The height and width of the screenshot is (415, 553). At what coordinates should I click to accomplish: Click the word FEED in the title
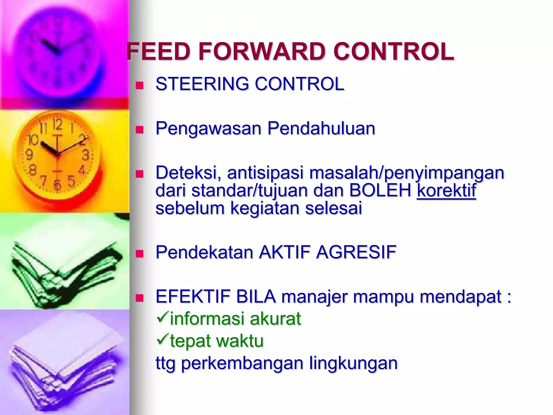[x=159, y=52]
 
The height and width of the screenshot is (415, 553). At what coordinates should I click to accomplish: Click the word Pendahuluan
[x=321, y=128]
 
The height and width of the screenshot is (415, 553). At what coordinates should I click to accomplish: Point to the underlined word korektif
[x=446, y=190]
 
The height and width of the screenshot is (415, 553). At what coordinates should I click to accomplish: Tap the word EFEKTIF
[x=193, y=297]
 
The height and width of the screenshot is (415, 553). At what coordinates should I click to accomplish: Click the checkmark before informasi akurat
[x=162, y=317]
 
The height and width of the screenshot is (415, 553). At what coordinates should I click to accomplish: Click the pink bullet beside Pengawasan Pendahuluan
[x=139, y=130]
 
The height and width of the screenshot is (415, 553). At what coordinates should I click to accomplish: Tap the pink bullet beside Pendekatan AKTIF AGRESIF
[x=139, y=254]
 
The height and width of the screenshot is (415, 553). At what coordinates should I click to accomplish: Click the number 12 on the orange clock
[x=57, y=125]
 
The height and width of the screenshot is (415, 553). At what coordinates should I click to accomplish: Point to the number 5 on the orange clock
[x=71, y=181]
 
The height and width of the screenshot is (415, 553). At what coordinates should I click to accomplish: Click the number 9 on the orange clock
[x=29, y=155]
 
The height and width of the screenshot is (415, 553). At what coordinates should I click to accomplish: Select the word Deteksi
[x=188, y=173]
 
